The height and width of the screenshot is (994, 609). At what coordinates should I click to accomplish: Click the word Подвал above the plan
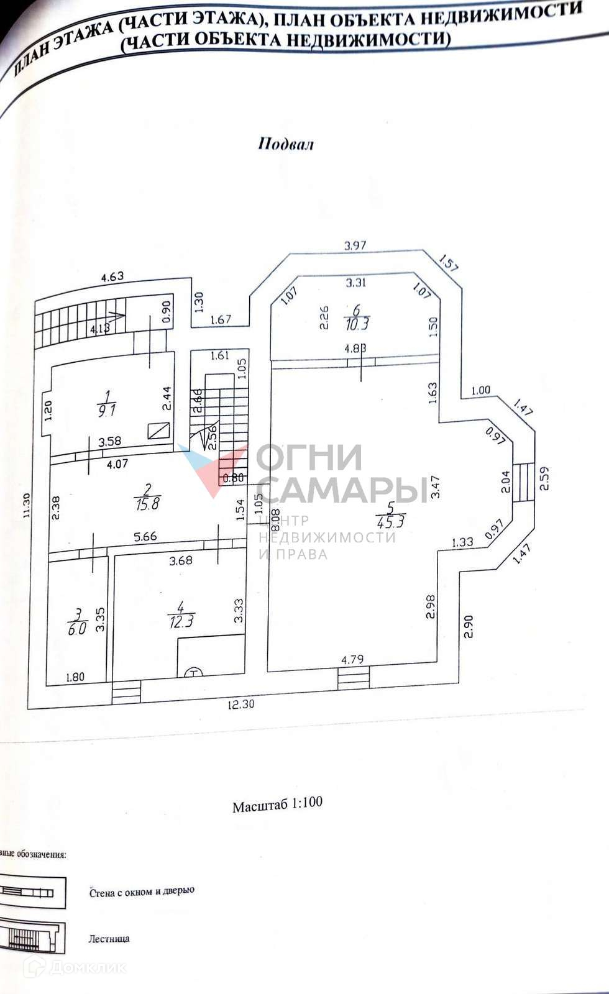point(286,144)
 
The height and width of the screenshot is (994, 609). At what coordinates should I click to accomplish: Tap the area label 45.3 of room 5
point(391,522)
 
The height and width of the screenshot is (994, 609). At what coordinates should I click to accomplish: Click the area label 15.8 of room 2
point(147,503)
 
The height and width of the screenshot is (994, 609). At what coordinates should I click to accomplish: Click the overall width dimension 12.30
point(242,704)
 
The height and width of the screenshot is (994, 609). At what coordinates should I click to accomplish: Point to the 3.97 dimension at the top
point(355,245)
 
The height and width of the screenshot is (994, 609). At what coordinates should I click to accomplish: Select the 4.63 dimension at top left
point(112,276)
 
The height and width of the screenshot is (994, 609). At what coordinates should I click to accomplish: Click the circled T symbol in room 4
point(195,672)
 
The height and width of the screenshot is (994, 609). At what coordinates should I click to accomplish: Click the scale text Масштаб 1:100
point(277,804)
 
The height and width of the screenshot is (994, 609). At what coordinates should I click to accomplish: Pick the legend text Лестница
point(109,939)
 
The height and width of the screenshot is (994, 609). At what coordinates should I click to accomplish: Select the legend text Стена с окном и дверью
point(142,891)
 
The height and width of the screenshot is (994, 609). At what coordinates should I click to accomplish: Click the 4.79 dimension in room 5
point(352,659)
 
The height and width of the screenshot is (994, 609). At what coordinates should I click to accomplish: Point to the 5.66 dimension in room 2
point(145,537)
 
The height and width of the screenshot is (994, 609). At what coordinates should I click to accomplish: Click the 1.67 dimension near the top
point(221,320)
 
